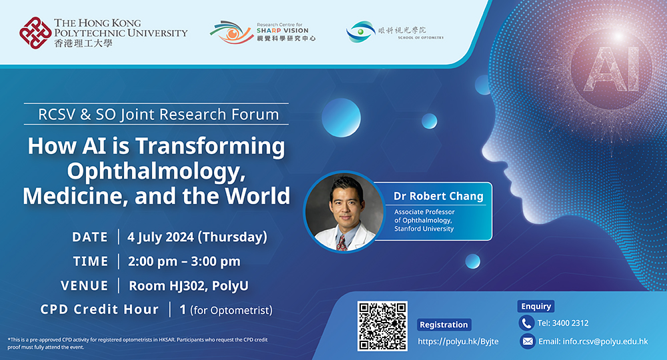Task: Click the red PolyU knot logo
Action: (36, 33)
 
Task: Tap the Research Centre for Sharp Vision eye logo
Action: (231, 32)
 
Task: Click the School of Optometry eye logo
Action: (361, 31)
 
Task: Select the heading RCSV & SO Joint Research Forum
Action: (158, 114)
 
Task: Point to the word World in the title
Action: (257, 196)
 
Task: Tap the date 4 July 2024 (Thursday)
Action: (197, 237)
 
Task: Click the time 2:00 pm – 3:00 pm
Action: (184, 261)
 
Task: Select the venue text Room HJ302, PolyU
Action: (189, 285)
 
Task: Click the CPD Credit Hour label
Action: (99, 309)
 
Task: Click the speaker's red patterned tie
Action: (341, 243)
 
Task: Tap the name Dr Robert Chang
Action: (438, 196)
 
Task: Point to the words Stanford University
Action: (424, 229)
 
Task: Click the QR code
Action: (382, 326)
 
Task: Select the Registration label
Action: (444, 325)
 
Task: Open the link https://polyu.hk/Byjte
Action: (458, 341)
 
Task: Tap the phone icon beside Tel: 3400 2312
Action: (527, 323)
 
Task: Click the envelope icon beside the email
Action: (528, 341)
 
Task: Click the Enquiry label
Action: (536, 306)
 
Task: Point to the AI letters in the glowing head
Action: (612, 69)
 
